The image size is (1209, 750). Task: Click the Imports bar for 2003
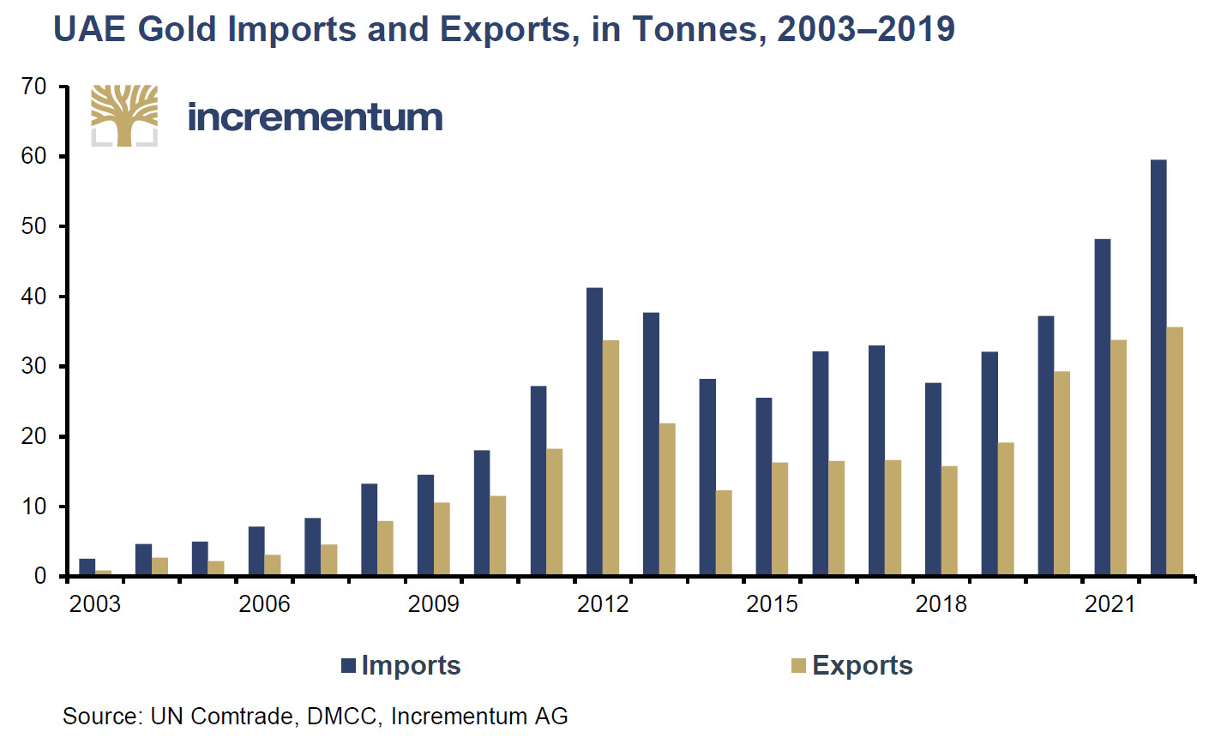87,567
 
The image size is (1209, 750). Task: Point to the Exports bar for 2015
779,519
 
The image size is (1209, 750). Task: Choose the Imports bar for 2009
425,525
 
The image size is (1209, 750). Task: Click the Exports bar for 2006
273,565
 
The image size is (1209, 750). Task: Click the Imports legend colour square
349,666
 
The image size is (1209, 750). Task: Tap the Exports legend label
862,666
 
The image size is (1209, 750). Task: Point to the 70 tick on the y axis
34,87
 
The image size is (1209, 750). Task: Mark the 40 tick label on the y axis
34,297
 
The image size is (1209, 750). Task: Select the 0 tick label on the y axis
39,576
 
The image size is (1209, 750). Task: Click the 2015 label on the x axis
772,604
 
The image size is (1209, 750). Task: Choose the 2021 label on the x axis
1110,604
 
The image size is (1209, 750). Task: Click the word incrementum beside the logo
315,117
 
